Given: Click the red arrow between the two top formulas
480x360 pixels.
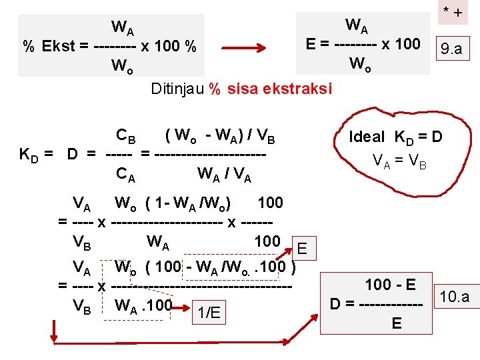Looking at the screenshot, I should point(244,49).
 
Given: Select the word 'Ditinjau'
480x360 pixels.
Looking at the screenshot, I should point(177,89).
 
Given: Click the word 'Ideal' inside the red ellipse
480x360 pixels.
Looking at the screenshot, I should point(367,137).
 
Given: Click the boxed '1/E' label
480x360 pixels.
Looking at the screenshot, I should point(209,313).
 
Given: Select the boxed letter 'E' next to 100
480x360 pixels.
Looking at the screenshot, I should point(302,249).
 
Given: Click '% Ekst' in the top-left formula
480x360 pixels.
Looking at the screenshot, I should point(51,46).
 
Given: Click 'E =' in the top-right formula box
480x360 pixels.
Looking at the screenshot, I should point(317,44).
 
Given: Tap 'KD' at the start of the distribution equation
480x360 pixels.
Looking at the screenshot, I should point(30,155).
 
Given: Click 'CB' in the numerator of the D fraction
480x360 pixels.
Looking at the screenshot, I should point(125,136).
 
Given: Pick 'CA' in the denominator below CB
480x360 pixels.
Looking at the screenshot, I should point(125,176).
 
